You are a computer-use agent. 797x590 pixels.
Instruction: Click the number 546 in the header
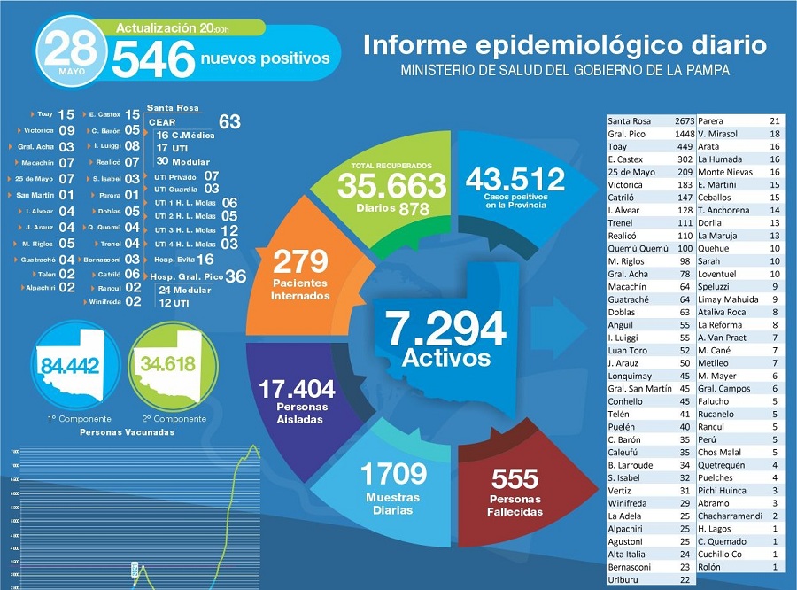(153, 59)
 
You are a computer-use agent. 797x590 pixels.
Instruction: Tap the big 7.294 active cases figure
(445, 329)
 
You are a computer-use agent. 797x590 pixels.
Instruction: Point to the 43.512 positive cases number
(515, 178)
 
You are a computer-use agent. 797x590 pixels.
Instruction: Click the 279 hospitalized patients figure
(300, 261)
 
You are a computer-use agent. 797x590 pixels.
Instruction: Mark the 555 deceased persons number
(514, 478)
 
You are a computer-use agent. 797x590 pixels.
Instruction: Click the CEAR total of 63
(229, 121)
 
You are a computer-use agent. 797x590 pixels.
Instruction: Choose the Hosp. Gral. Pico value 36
(236, 276)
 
